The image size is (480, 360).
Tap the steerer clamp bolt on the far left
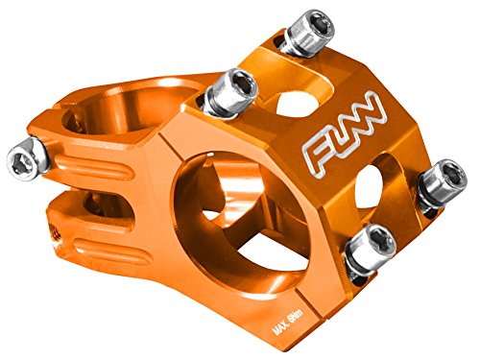tap(26, 154)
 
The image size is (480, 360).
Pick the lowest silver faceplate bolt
tap(369, 252)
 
